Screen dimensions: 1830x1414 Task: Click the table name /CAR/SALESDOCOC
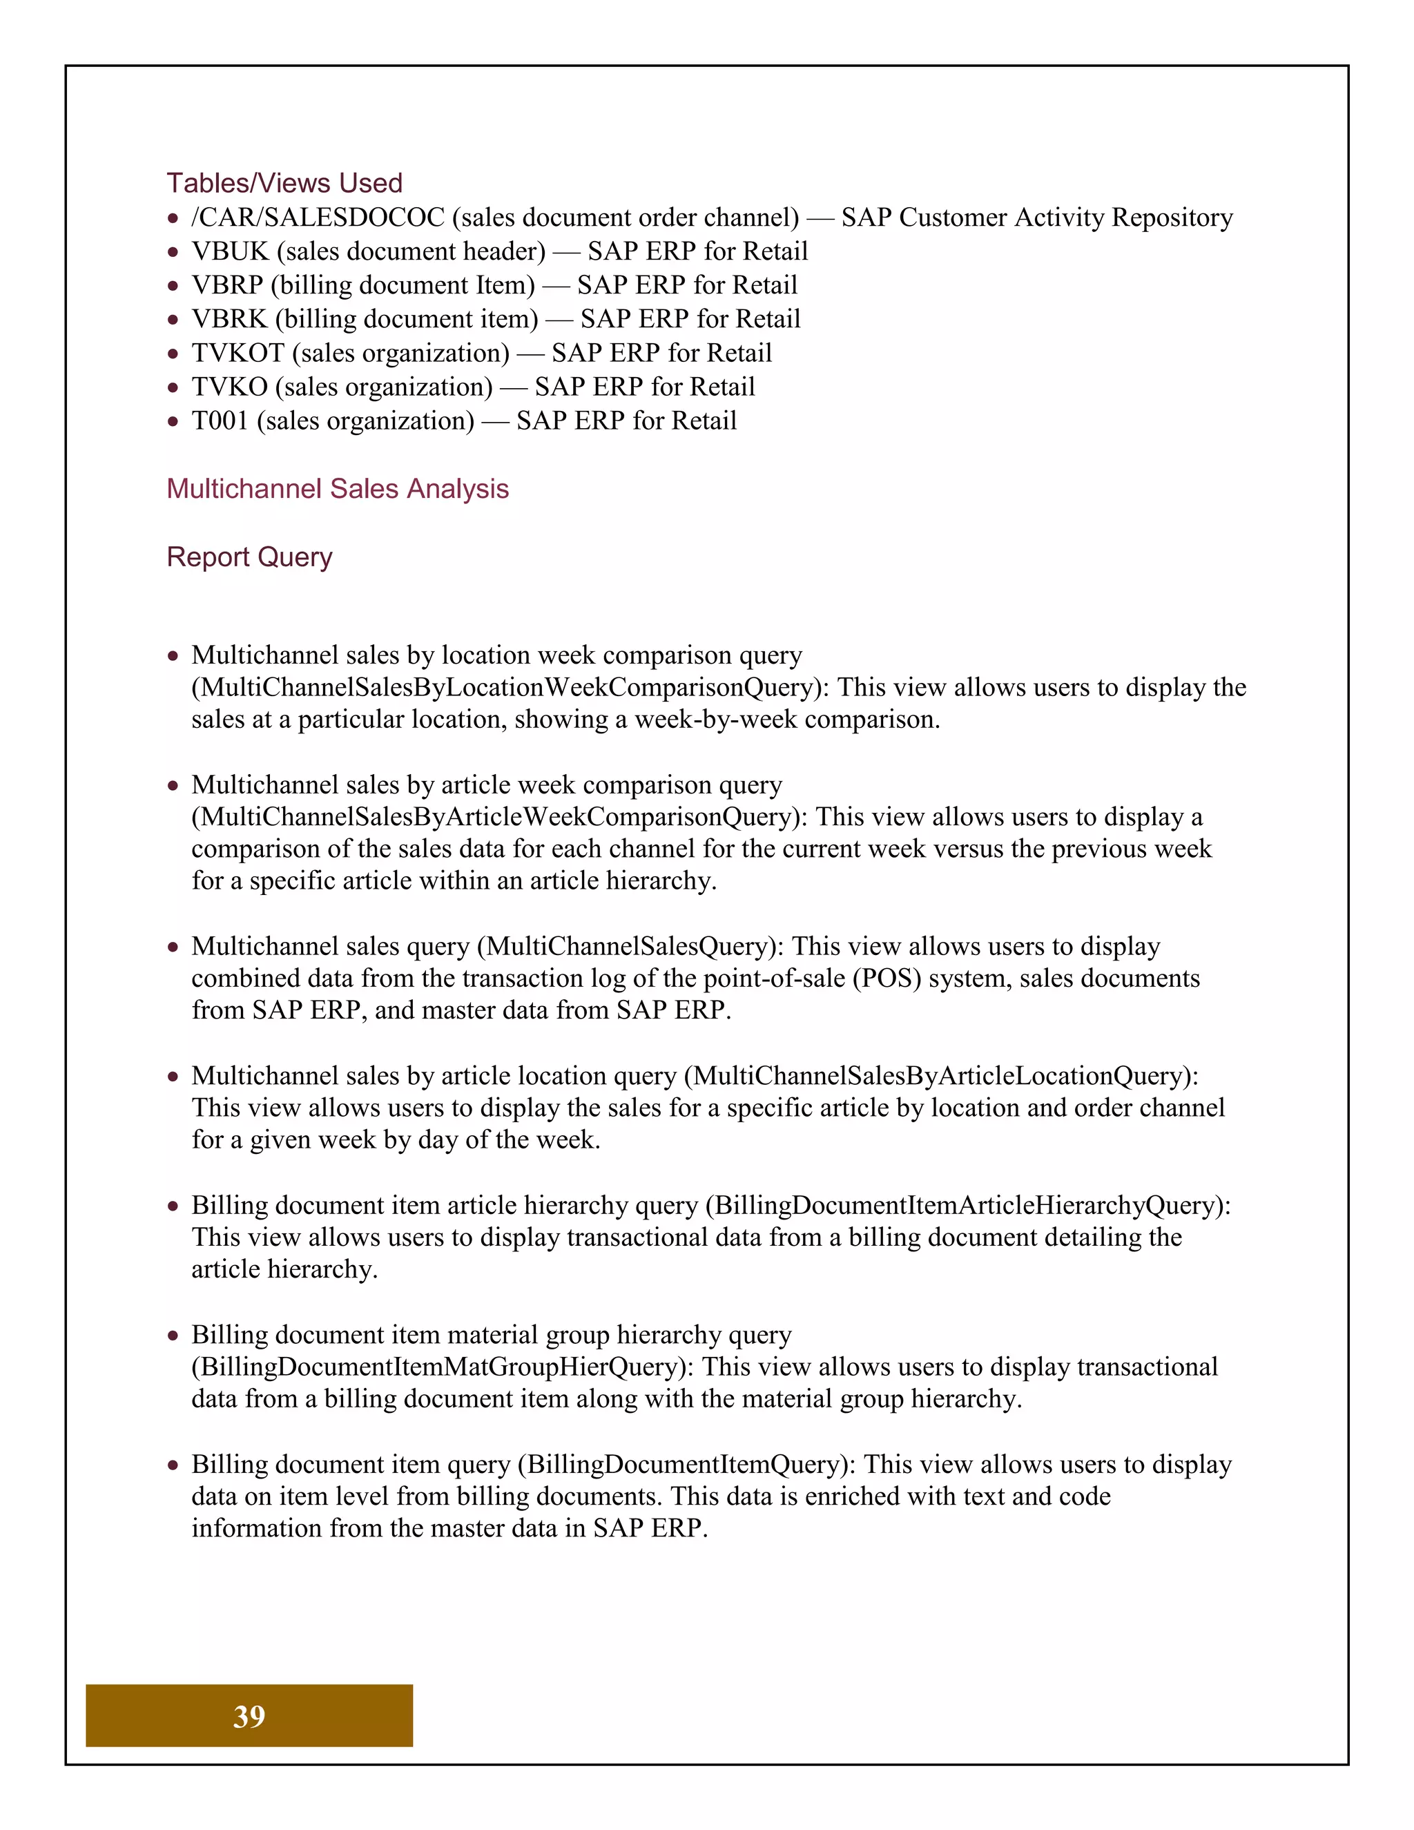pyautogui.click(x=318, y=218)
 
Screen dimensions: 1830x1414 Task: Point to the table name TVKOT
pyautogui.click(x=238, y=354)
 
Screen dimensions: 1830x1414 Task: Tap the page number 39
pyautogui.click(x=249, y=1716)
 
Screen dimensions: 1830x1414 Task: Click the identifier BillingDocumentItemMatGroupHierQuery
pyautogui.click(x=443, y=1367)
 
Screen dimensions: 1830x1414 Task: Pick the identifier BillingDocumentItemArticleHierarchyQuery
pyautogui.click(x=967, y=1206)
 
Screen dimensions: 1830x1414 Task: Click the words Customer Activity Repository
pyautogui.click(x=1065, y=218)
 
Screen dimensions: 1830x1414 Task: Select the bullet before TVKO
pyautogui.click(x=173, y=388)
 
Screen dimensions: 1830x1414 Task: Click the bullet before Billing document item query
pyautogui.click(x=173, y=1465)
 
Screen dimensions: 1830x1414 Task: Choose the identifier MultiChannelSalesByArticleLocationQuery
pyautogui.click(x=941, y=1076)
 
